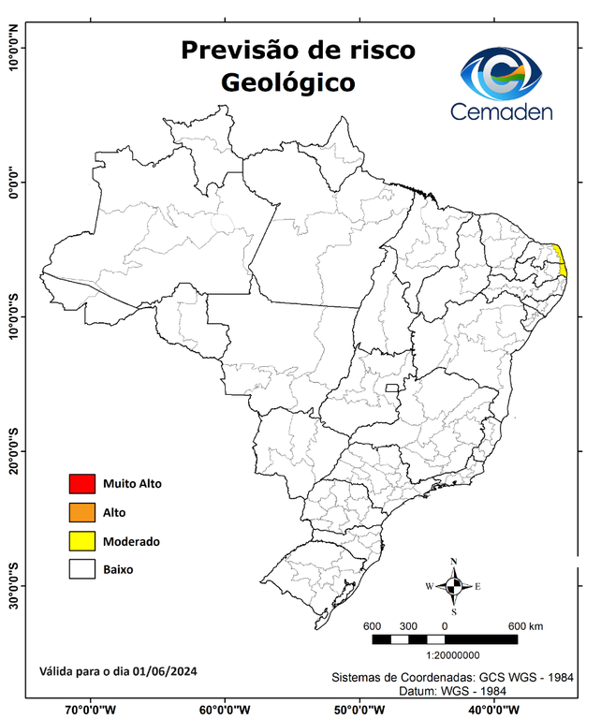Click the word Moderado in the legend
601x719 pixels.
click(131, 541)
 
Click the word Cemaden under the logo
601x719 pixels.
click(502, 112)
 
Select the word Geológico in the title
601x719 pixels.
click(288, 82)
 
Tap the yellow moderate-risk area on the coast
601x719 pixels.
click(561, 260)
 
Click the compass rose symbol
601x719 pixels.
click(454, 587)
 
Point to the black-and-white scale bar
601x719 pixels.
click(445, 639)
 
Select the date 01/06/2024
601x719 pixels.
click(165, 671)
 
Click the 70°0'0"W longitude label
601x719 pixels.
click(91, 709)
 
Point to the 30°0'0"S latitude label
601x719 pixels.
click(14, 585)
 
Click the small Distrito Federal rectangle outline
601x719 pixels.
click(391, 387)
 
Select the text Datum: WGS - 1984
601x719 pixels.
click(454, 690)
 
